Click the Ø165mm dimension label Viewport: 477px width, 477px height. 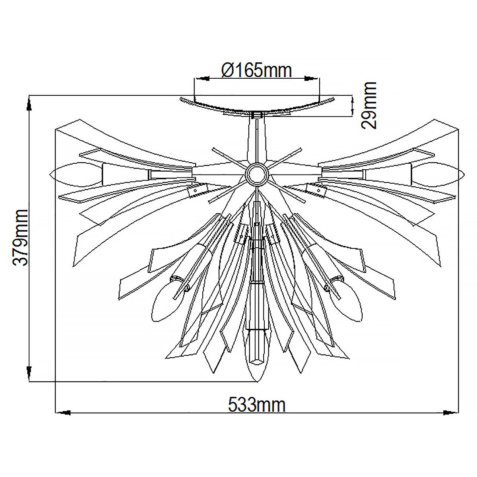tap(257, 70)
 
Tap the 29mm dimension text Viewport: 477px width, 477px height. tap(369, 105)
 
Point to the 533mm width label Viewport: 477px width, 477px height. tap(257, 405)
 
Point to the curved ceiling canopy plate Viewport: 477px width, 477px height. tap(257, 106)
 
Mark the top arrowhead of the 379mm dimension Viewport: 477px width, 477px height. tap(29, 105)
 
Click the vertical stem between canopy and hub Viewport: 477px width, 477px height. tap(257, 139)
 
